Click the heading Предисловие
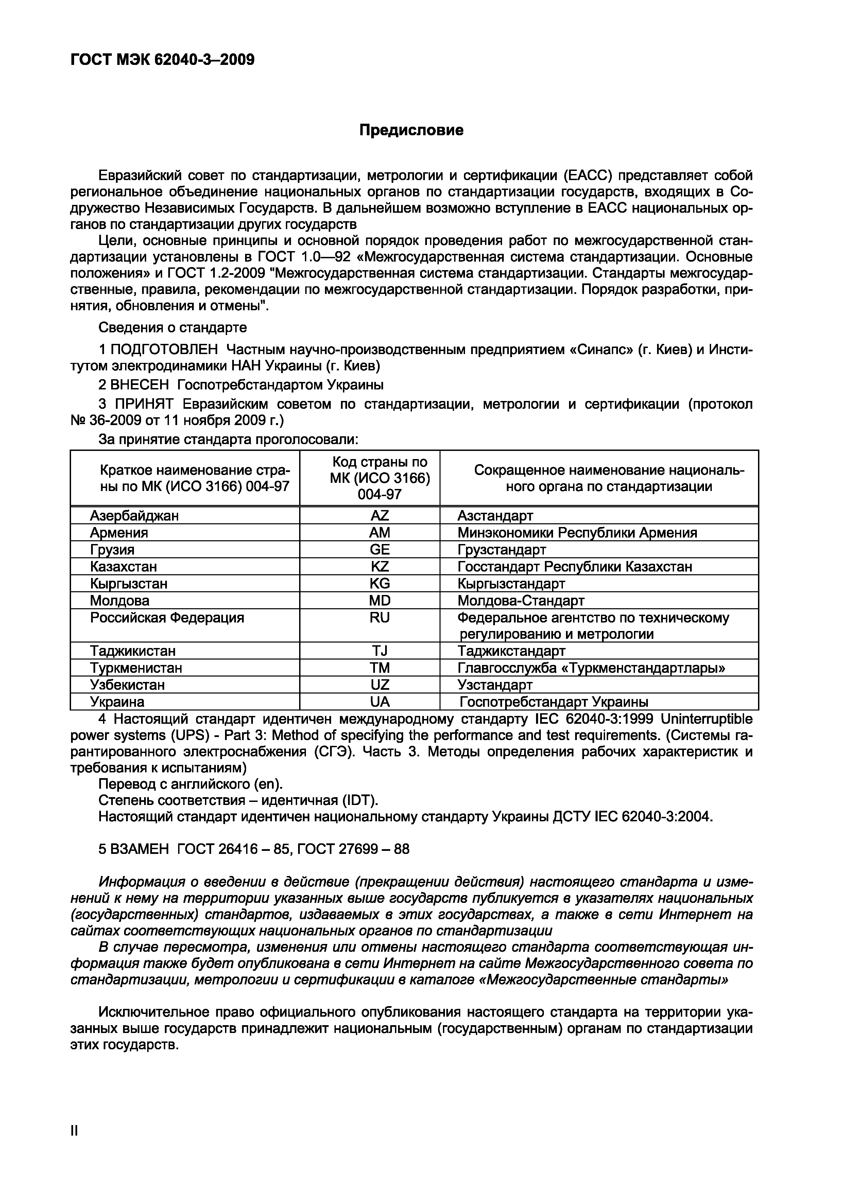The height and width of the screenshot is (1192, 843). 411,130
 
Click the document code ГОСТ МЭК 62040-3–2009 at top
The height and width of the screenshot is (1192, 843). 162,60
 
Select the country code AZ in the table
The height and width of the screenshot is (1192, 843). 380,515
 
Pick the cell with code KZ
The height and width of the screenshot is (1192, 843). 380,566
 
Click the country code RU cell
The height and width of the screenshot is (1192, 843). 380,618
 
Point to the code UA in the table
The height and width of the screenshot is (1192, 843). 380,702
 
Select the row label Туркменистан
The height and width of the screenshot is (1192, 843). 136,668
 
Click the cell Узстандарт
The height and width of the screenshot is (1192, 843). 495,685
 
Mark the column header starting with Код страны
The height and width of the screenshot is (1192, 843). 380,478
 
